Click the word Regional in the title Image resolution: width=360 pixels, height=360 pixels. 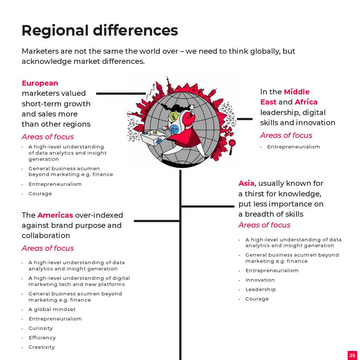click(x=55, y=31)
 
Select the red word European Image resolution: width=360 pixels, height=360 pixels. click(x=40, y=83)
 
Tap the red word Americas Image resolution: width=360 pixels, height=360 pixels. click(x=55, y=215)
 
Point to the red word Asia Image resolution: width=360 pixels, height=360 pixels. click(x=246, y=183)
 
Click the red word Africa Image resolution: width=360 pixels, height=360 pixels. click(x=306, y=102)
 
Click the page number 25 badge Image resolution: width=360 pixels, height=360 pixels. click(x=352, y=355)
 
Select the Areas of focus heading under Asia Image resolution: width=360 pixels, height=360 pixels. click(x=264, y=225)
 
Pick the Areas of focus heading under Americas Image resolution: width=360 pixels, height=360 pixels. click(x=48, y=248)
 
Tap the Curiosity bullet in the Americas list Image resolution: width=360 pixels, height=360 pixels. click(x=41, y=328)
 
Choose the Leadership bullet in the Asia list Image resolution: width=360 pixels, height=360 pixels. click(x=261, y=290)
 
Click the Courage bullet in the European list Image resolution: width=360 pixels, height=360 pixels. click(x=40, y=194)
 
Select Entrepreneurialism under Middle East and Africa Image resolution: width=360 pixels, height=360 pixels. click(x=294, y=147)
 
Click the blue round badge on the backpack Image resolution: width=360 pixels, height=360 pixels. click(x=174, y=129)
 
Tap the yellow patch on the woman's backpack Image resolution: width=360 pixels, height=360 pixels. click(x=173, y=116)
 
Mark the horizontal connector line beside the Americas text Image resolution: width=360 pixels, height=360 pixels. click(x=157, y=221)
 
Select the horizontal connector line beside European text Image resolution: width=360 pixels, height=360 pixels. click(x=121, y=94)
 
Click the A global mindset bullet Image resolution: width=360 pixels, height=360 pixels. click(x=52, y=310)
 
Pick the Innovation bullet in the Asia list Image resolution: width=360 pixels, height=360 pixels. click(x=260, y=280)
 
